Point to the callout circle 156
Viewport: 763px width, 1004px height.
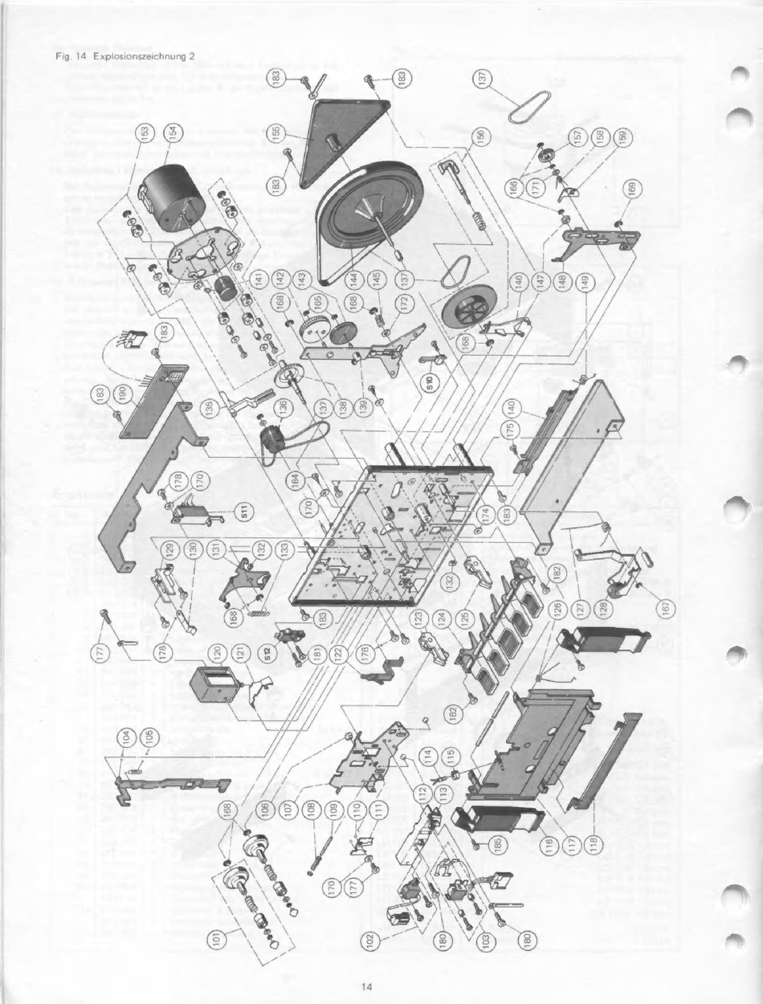click(480, 138)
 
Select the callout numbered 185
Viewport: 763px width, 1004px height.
click(497, 844)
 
